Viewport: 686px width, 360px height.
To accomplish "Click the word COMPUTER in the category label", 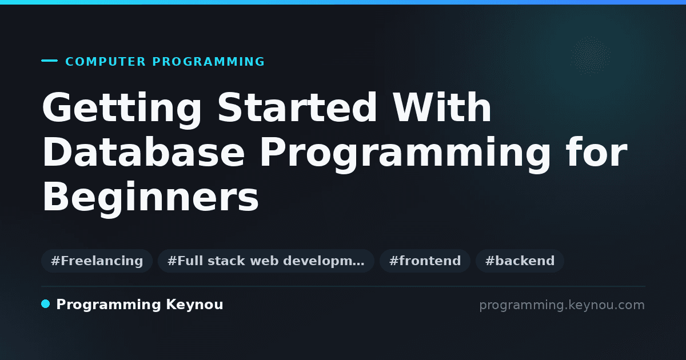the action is coord(105,62).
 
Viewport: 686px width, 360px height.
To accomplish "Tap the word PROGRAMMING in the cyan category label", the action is coord(208,62).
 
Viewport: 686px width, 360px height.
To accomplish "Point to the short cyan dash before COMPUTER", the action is coord(49,61).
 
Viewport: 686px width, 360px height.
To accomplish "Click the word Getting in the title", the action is coord(122,109).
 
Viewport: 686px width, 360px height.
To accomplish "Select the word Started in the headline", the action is coord(297,107).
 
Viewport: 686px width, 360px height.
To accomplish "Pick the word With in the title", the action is coord(442,107).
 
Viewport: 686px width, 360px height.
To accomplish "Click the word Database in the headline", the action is coord(143,151).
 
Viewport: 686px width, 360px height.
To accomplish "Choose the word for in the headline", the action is coord(597,151).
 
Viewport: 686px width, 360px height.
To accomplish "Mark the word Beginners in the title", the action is coord(150,198).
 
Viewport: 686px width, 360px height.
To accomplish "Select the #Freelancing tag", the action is coord(97,261).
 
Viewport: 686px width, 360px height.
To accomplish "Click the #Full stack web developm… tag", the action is coord(266,261).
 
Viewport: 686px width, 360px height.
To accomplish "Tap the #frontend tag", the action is coord(425,261).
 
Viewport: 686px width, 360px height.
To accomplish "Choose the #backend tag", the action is coord(520,261).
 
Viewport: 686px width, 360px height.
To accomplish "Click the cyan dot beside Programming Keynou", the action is coord(46,304).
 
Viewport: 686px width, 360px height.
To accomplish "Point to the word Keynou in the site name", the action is coord(194,305).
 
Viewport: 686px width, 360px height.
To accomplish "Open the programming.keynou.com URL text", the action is coord(562,305).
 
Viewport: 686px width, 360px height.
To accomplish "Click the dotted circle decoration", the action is coord(591,55).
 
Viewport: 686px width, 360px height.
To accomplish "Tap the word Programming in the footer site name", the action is coord(109,305).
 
